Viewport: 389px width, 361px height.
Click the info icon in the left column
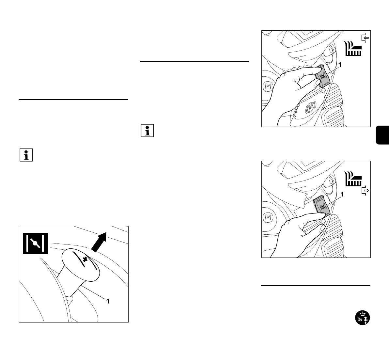(x=26, y=155)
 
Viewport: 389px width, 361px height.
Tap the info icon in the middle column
(x=148, y=131)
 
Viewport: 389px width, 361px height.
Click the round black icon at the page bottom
(x=363, y=318)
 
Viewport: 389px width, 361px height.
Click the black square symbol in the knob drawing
(x=35, y=243)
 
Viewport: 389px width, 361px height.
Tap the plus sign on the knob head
(x=86, y=260)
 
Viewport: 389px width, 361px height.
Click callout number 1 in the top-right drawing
(x=340, y=65)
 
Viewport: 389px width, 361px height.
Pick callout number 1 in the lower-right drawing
(x=342, y=195)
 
